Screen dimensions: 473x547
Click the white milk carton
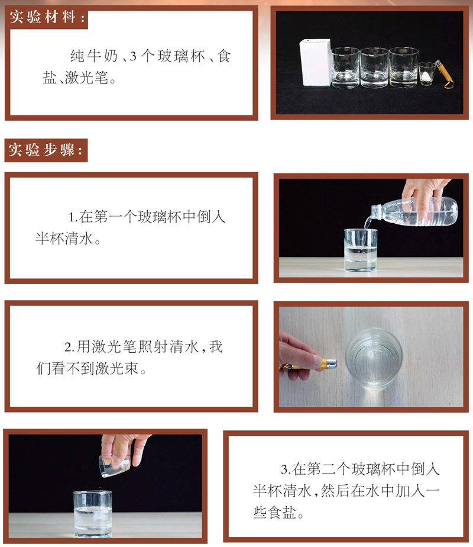315,63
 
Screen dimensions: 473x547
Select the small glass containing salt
426,73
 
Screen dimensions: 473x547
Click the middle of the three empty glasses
374,67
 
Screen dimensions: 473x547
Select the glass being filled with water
361,250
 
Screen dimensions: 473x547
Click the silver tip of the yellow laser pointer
331,362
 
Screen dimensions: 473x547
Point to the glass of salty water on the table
93,514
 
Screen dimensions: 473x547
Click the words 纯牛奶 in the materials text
94,56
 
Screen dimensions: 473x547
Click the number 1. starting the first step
73,218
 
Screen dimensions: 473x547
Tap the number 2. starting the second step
69,347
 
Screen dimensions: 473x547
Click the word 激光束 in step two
117,368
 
